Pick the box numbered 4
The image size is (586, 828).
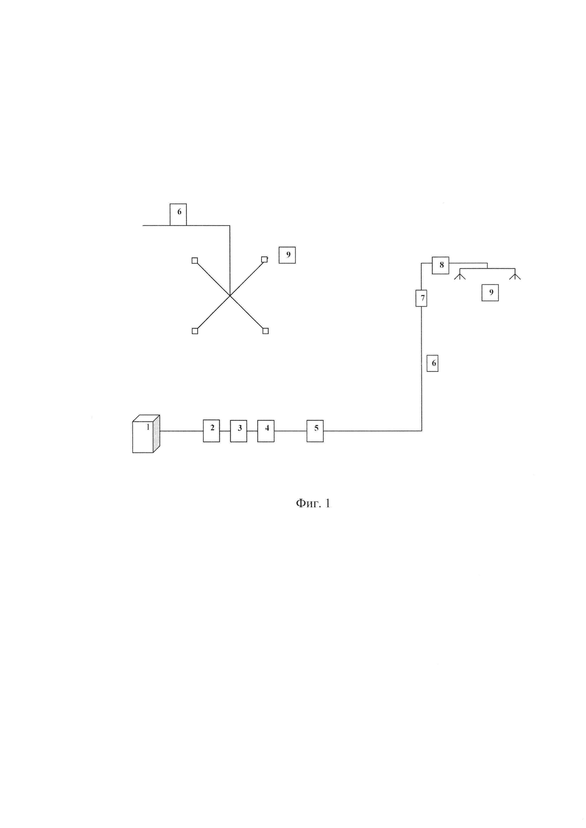[x=266, y=431]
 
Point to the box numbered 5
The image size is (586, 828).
[x=315, y=431]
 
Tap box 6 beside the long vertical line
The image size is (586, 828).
[x=433, y=363]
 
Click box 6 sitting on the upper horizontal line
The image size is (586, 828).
[x=178, y=215]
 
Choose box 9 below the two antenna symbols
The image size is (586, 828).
[x=490, y=293]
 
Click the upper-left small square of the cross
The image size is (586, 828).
[x=194, y=260]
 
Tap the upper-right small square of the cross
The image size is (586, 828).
[x=264, y=259]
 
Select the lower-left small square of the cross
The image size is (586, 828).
[x=195, y=331]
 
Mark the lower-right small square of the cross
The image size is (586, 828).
[x=266, y=331]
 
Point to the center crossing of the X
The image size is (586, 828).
[x=230, y=296]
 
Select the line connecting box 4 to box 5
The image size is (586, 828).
[x=290, y=431]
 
